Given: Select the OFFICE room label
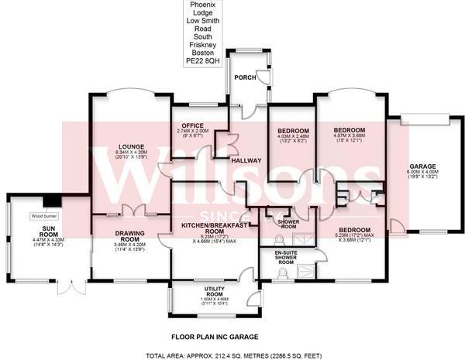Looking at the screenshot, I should point(191,125).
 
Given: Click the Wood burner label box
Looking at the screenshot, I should point(43,216).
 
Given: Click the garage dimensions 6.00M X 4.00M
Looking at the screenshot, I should point(423,174).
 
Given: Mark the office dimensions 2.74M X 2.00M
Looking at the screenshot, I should point(192,132).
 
